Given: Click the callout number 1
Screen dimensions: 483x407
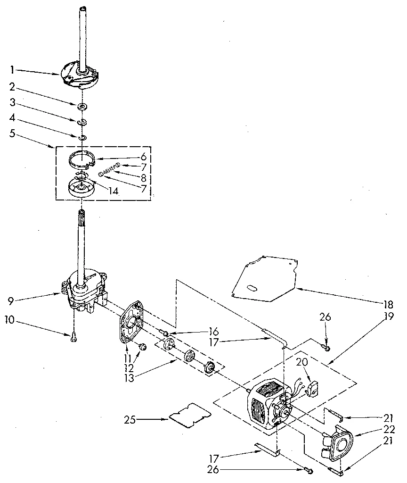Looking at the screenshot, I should tap(12, 70).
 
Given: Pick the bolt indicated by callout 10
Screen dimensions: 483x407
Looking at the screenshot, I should tap(74, 337).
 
